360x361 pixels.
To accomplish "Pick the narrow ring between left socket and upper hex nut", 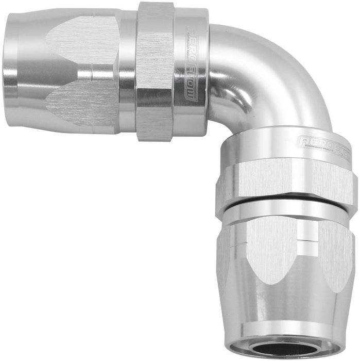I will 127,72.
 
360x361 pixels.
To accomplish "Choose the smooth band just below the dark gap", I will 286,212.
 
